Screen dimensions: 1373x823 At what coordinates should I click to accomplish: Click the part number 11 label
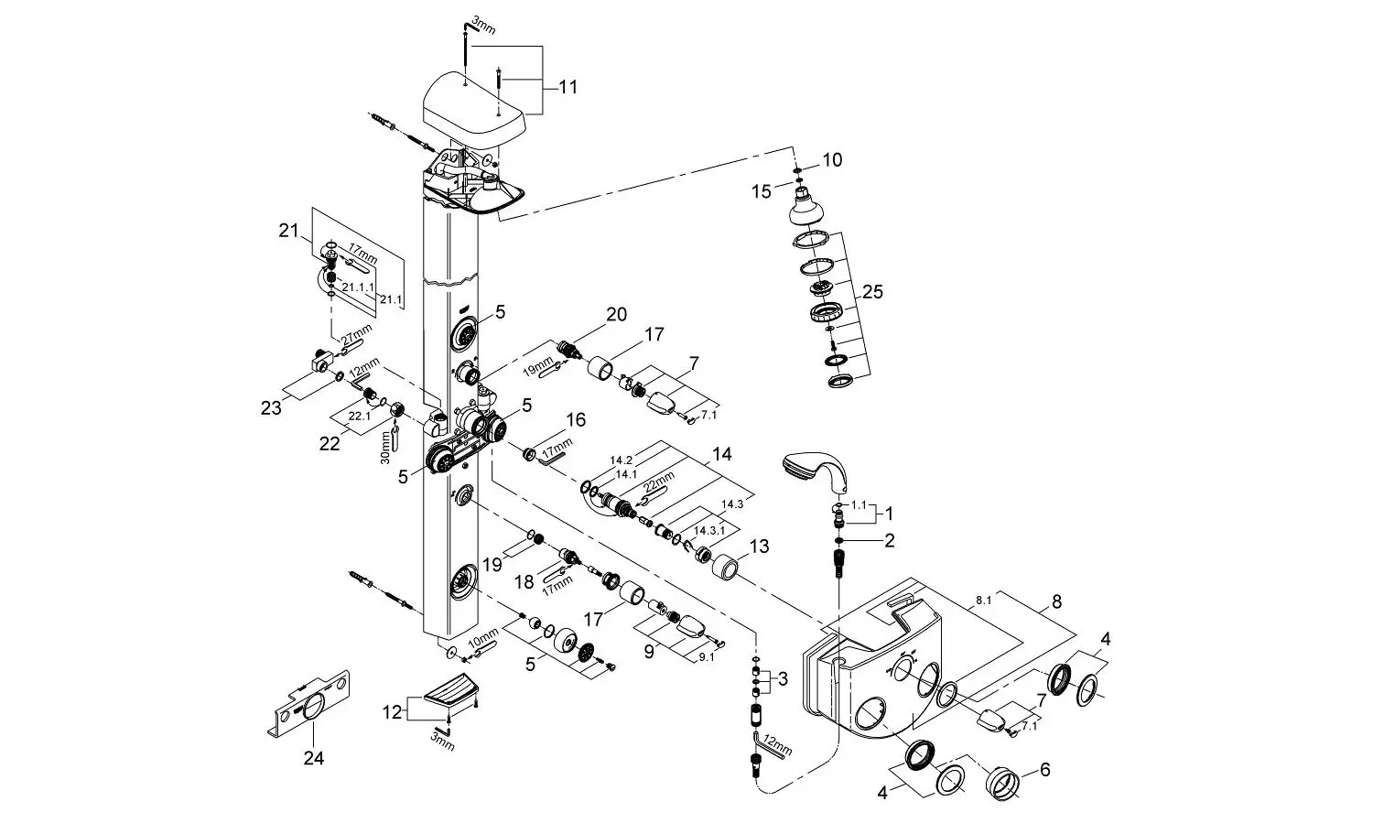[x=568, y=88]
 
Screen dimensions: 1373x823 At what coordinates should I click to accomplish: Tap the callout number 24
[x=314, y=758]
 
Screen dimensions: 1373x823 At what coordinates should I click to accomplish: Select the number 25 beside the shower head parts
[x=872, y=292]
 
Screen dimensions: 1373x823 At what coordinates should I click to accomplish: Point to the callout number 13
[x=759, y=546]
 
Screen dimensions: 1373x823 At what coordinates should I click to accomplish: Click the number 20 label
[x=617, y=314]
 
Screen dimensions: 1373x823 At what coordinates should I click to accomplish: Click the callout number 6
[x=1045, y=769]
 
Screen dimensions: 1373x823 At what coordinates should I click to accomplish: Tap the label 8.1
[x=983, y=601]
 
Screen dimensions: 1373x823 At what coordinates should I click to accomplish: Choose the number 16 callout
[x=576, y=420]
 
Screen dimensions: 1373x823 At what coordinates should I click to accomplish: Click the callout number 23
[x=271, y=408]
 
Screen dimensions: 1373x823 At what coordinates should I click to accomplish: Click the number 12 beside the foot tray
[x=392, y=713]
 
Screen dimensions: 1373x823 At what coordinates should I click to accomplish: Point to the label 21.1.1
[x=358, y=287]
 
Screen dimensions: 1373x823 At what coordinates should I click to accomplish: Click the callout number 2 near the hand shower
[x=889, y=540]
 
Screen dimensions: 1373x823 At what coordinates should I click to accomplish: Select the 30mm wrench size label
[x=385, y=448]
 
